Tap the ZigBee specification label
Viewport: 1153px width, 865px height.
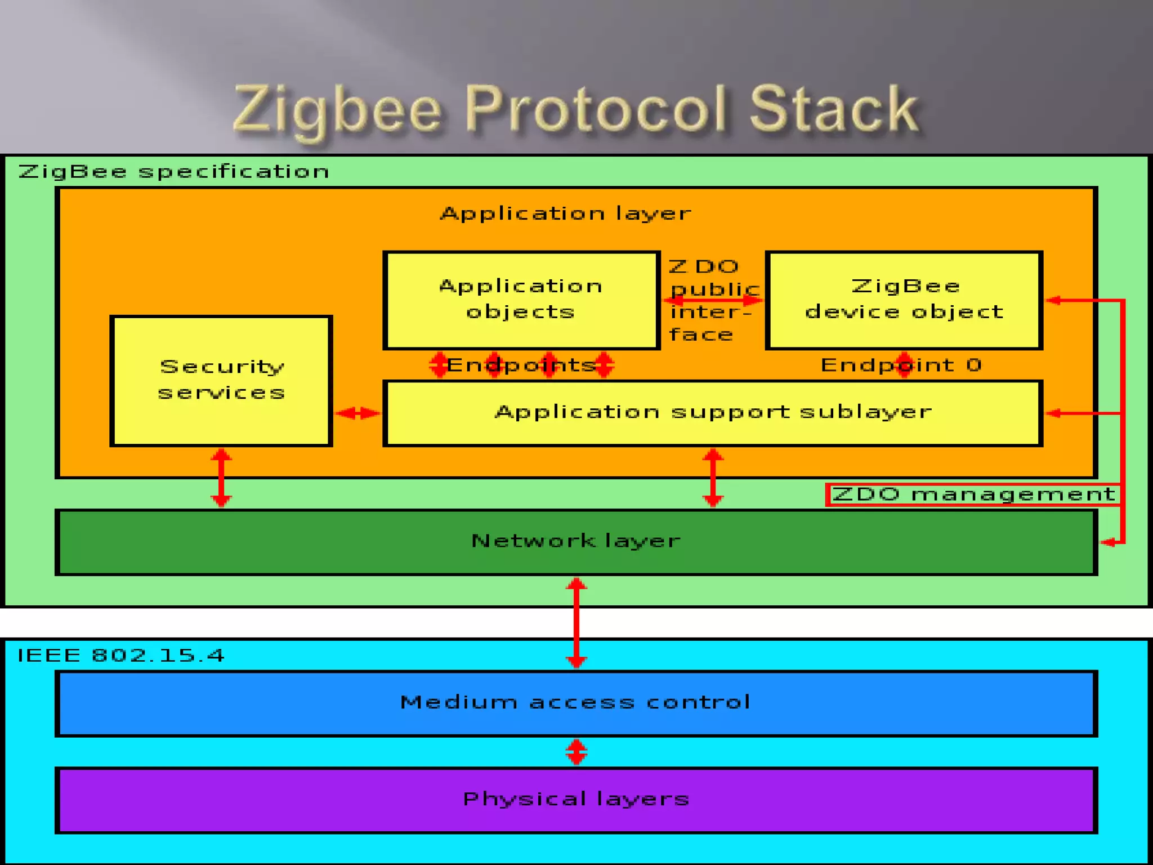(x=173, y=171)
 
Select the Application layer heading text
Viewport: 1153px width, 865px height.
(x=565, y=213)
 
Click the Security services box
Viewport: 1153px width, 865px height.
(x=221, y=381)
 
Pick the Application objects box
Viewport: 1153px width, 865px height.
(x=521, y=300)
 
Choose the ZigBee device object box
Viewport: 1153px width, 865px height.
(x=904, y=300)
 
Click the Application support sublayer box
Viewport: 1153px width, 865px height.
(x=712, y=413)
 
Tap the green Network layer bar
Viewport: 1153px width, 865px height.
(x=575, y=541)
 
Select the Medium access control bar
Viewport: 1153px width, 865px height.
(x=575, y=702)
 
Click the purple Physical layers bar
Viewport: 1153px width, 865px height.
(x=575, y=799)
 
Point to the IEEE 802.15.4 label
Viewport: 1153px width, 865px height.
(x=121, y=656)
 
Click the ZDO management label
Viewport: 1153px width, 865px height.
(x=973, y=494)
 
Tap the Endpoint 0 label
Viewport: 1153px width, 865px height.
(x=901, y=365)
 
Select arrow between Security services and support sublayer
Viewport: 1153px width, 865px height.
(x=357, y=413)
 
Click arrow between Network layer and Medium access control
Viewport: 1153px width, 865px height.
(x=576, y=622)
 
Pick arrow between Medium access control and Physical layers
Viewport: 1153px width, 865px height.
(x=576, y=752)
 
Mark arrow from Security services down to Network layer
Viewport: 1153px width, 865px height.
(x=221, y=478)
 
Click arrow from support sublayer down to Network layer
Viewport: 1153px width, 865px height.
(x=713, y=478)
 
